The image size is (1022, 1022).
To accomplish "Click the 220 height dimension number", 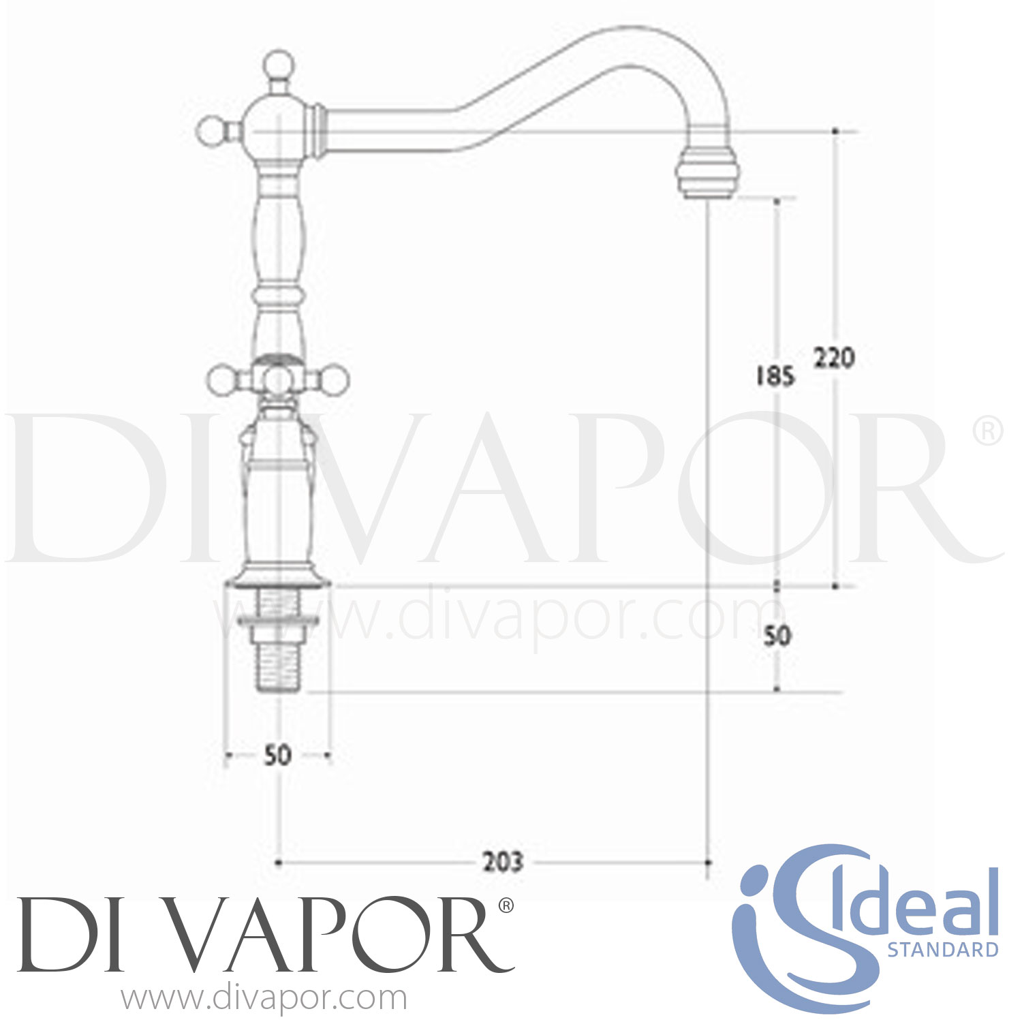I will tap(834, 358).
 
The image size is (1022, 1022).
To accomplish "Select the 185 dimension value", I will tap(775, 375).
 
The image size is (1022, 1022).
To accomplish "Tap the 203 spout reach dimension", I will tap(503, 863).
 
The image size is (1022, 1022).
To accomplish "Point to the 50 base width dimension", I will tap(277, 755).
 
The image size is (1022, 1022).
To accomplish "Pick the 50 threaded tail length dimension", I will tap(777, 636).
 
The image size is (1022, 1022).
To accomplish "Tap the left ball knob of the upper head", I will tap(211, 129).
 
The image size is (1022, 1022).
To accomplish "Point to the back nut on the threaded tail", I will tap(278, 621).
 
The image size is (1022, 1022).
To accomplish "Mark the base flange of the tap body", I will tap(278, 578).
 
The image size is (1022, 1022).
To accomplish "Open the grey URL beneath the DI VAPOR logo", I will tap(264, 998).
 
